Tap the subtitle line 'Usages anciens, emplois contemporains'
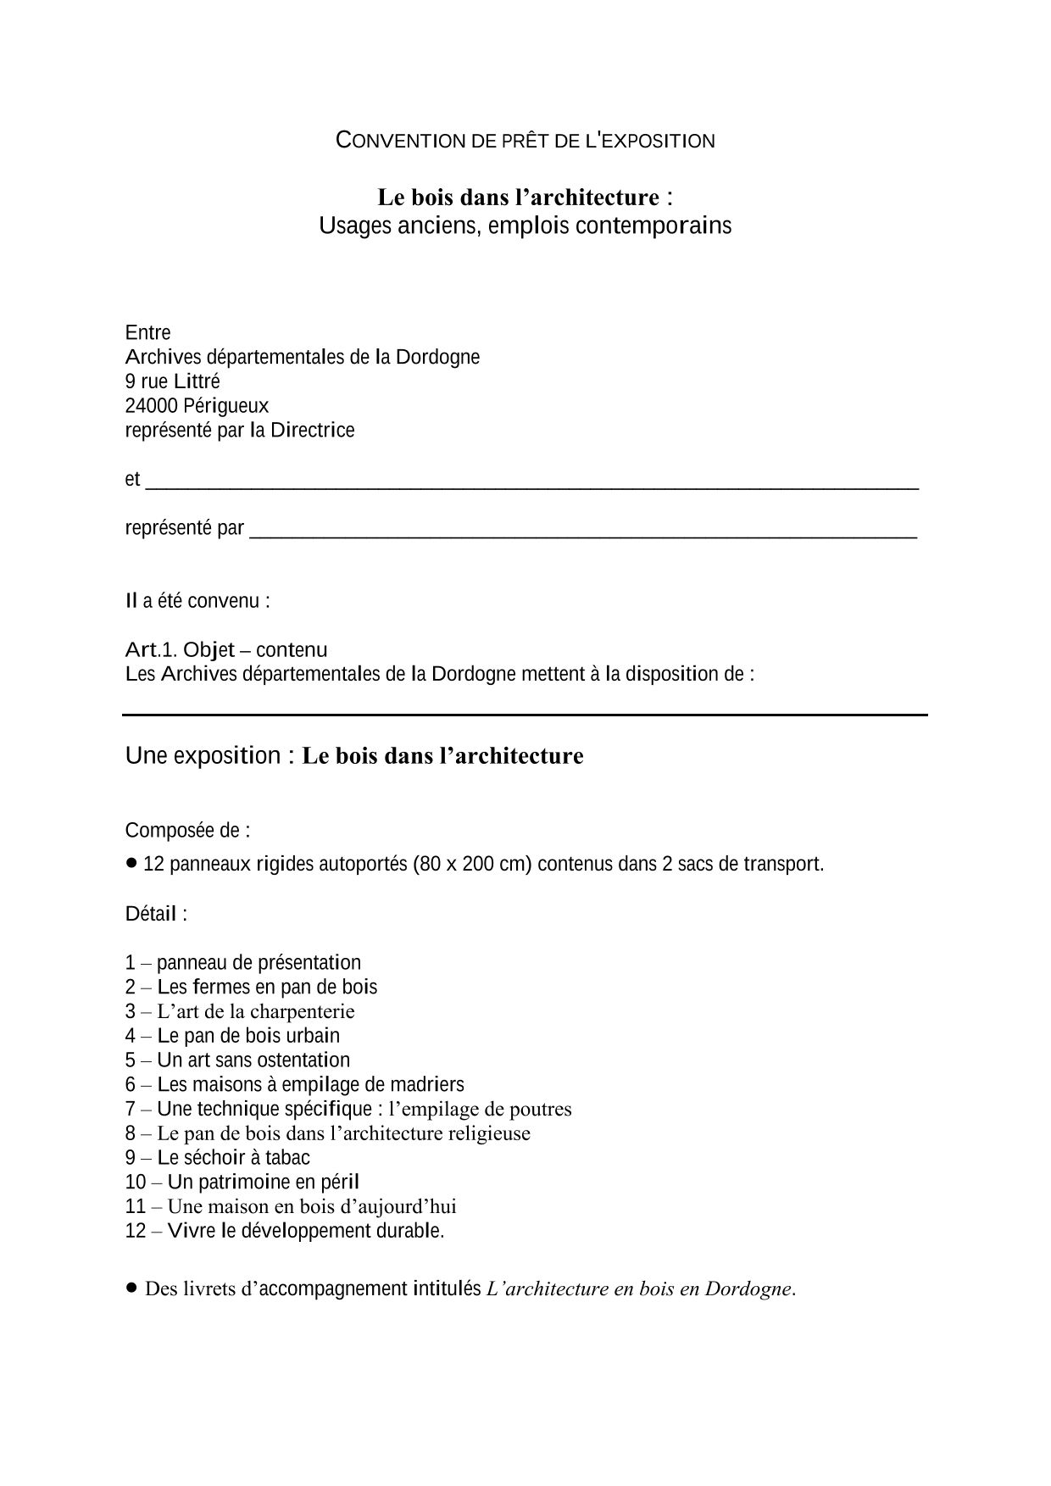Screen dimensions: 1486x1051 (525, 226)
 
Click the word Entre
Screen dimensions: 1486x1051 (147, 332)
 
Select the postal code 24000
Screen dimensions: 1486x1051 (151, 406)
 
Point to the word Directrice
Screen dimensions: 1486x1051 (312, 431)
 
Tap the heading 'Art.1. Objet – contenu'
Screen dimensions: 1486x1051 (225, 650)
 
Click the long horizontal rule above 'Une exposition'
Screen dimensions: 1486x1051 (525, 715)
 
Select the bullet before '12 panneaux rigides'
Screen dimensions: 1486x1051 (131, 862)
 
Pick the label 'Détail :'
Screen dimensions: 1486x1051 (156, 914)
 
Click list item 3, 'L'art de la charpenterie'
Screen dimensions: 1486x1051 (255, 1011)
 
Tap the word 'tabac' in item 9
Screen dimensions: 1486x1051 (289, 1158)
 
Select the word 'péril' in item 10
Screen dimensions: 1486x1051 (337, 1182)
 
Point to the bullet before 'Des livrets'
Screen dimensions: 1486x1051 (131, 1287)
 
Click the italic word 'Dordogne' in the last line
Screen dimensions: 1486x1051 (748, 1289)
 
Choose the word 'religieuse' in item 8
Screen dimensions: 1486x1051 (487, 1133)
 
